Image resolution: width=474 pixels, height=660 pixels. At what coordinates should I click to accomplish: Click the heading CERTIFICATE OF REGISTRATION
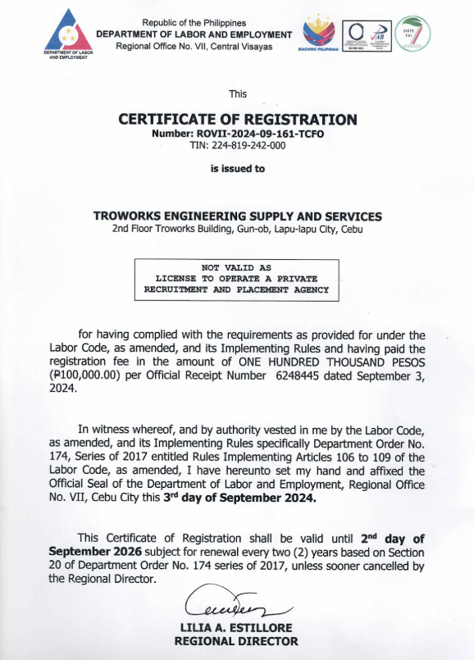click(x=238, y=119)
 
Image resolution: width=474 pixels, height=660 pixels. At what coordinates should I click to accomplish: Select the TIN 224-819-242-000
click(x=238, y=145)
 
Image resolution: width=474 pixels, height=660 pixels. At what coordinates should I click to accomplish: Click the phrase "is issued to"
click(x=238, y=169)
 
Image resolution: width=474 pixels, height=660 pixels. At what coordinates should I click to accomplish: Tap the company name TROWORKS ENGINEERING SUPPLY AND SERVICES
click(x=238, y=216)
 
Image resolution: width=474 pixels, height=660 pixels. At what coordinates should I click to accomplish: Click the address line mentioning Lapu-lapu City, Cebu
click(x=238, y=229)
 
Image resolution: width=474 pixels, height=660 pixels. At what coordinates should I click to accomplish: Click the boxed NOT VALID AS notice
click(x=237, y=279)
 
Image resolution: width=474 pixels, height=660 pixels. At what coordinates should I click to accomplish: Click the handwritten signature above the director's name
click(x=238, y=605)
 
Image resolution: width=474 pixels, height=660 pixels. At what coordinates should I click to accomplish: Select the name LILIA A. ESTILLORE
click(x=238, y=628)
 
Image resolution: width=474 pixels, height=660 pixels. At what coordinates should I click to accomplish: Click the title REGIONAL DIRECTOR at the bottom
click(x=238, y=641)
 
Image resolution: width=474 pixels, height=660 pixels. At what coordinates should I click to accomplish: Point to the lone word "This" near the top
click(x=238, y=93)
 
